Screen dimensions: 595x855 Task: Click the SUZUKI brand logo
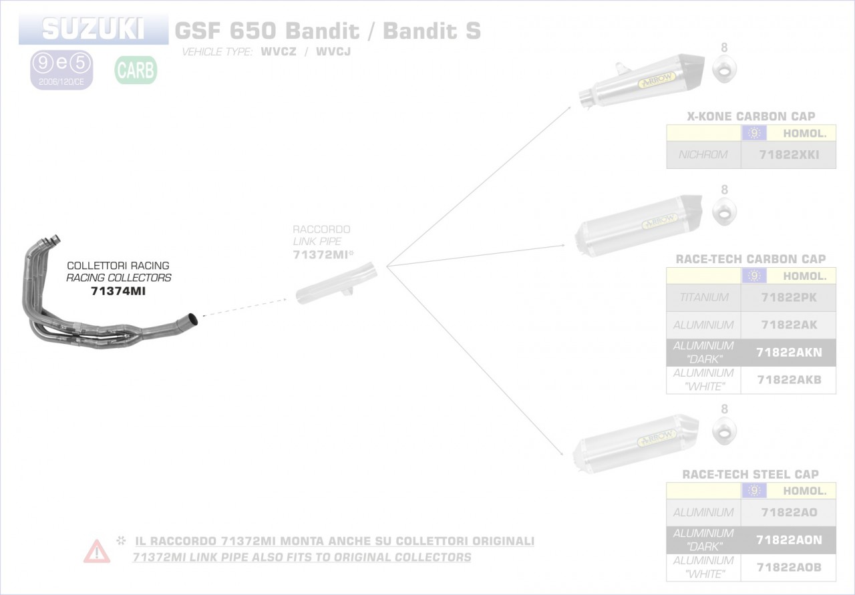point(93,29)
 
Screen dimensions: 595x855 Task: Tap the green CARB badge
point(136,69)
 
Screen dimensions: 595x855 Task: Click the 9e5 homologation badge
point(61,69)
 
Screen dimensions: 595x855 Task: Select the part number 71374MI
point(118,291)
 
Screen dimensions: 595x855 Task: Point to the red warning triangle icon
point(97,551)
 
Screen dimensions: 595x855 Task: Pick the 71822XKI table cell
point(788,155)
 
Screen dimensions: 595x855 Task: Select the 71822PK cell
point(788,297)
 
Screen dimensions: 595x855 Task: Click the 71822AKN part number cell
point(788,353)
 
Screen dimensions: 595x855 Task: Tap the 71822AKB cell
point(788,380)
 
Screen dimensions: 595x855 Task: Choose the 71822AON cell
point(788,540)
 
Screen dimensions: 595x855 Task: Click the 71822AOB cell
point(788,567)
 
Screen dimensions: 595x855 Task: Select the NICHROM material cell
point(703,155)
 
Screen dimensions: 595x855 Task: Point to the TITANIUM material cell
point(703,297)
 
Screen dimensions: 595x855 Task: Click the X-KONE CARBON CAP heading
point(751,116)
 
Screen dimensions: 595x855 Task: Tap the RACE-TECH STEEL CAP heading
point(750,474)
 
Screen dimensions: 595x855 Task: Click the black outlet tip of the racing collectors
point(191,320)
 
